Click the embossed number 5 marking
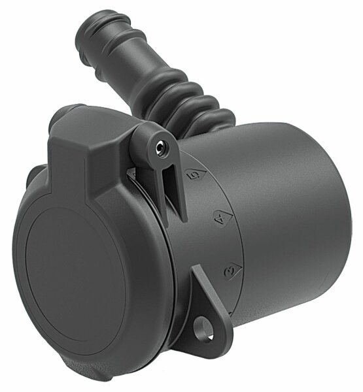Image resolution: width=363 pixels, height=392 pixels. click(x=193, y=175)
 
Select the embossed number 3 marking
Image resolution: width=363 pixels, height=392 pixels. click(x=230, y=268)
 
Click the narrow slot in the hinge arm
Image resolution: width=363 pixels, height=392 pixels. click(x=173, y=186)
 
